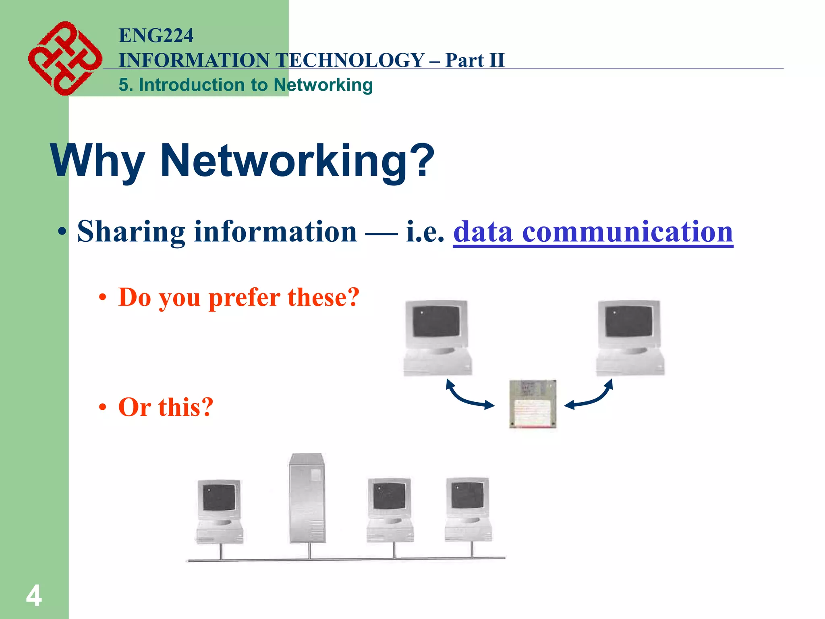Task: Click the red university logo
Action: (64, 58)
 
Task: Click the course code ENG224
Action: (156, 35)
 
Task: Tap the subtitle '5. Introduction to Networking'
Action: (245, 85)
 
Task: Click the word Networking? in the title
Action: (297, 160)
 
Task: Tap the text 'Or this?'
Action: (166, 407)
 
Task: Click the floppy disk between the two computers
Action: (533, 403)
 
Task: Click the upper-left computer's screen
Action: (436, 321)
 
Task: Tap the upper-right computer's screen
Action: (629, 321)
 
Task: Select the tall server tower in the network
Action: (307, 498)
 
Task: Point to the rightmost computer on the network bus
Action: (468, 510)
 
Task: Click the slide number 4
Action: (34, 596)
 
